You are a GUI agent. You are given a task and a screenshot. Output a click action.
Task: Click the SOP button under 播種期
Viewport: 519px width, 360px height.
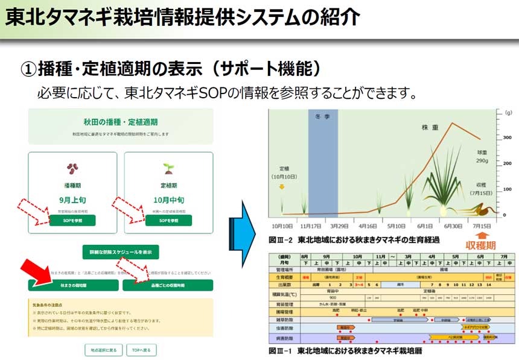(x=72, y=221)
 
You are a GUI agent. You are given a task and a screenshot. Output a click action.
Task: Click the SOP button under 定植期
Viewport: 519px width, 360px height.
(x=168, y=221)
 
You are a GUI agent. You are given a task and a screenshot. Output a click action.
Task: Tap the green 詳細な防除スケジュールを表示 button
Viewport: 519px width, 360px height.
(x=121, y=251)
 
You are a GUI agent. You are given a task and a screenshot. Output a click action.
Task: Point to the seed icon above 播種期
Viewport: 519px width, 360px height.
(x=72, y=168)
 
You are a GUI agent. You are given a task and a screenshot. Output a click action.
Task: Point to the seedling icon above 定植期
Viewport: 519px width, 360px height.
(x=168, y=168)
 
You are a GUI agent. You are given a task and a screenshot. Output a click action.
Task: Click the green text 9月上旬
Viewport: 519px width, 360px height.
(x=72, y=199)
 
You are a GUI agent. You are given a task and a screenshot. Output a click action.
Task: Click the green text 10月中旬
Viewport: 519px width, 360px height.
(x=168, y=199)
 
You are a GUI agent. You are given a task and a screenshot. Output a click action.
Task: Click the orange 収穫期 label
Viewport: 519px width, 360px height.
(x=481, y=245)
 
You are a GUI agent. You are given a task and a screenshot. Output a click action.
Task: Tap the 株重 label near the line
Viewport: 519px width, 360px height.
(x=429, y=128)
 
